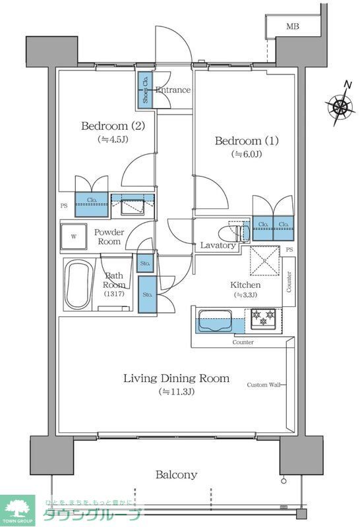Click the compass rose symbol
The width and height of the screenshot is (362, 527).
(x=340, y=105)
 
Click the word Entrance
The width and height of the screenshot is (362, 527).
(x=173, y=90)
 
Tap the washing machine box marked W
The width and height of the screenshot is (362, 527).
(x=74, y=236)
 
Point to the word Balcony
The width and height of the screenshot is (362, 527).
(x=176, y=474)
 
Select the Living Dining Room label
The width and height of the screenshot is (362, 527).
(x=176, y=378)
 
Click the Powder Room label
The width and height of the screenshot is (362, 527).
(x=109, y=237)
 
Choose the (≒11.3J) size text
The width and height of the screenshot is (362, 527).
(x=176, y=392)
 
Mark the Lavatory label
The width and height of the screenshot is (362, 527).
(x=218, y=246)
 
